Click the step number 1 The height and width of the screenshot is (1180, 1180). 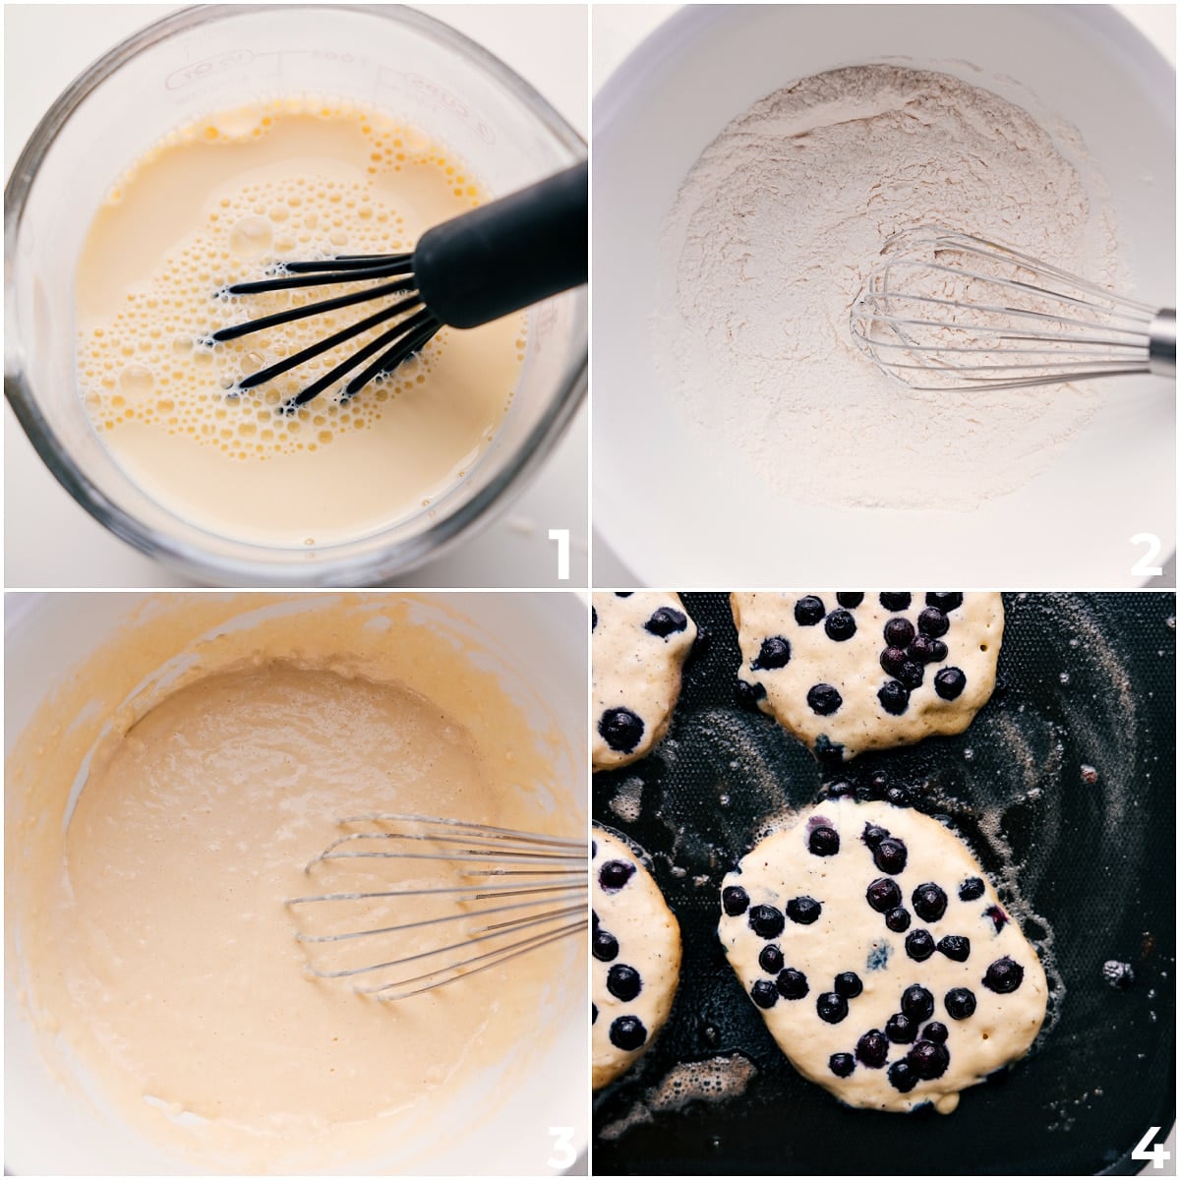559,554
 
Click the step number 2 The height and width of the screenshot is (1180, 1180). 1147,554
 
